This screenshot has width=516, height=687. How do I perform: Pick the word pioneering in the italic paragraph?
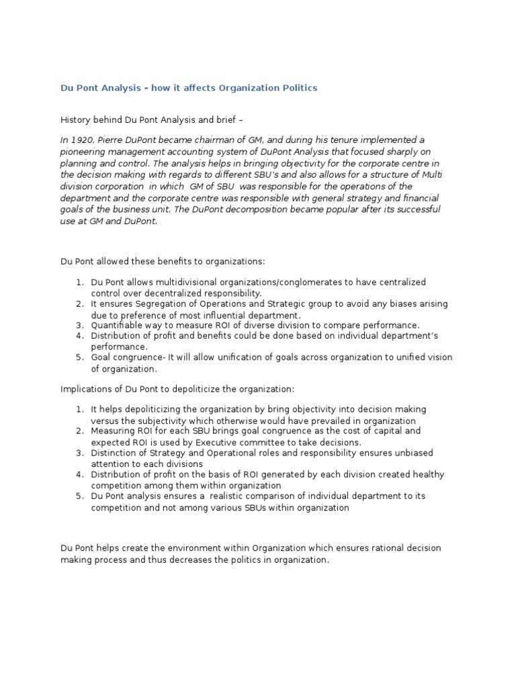point(84,151)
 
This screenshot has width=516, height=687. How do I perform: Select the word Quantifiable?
point(120,325)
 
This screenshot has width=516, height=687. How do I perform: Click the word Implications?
point(87,389)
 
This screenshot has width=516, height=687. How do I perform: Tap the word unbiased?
point(423,453)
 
